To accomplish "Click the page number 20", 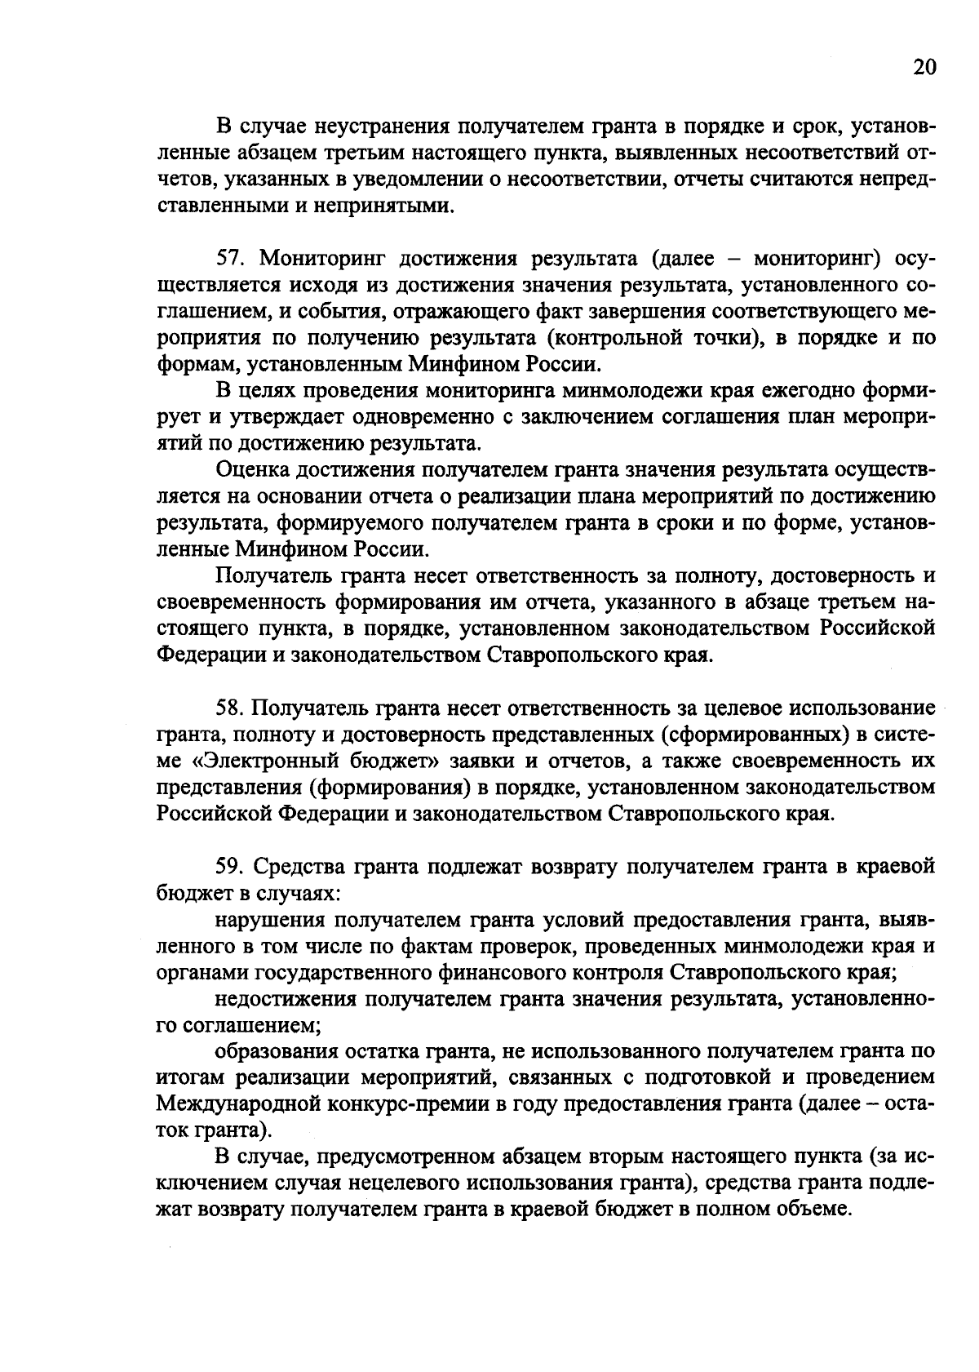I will pos(924,68).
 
